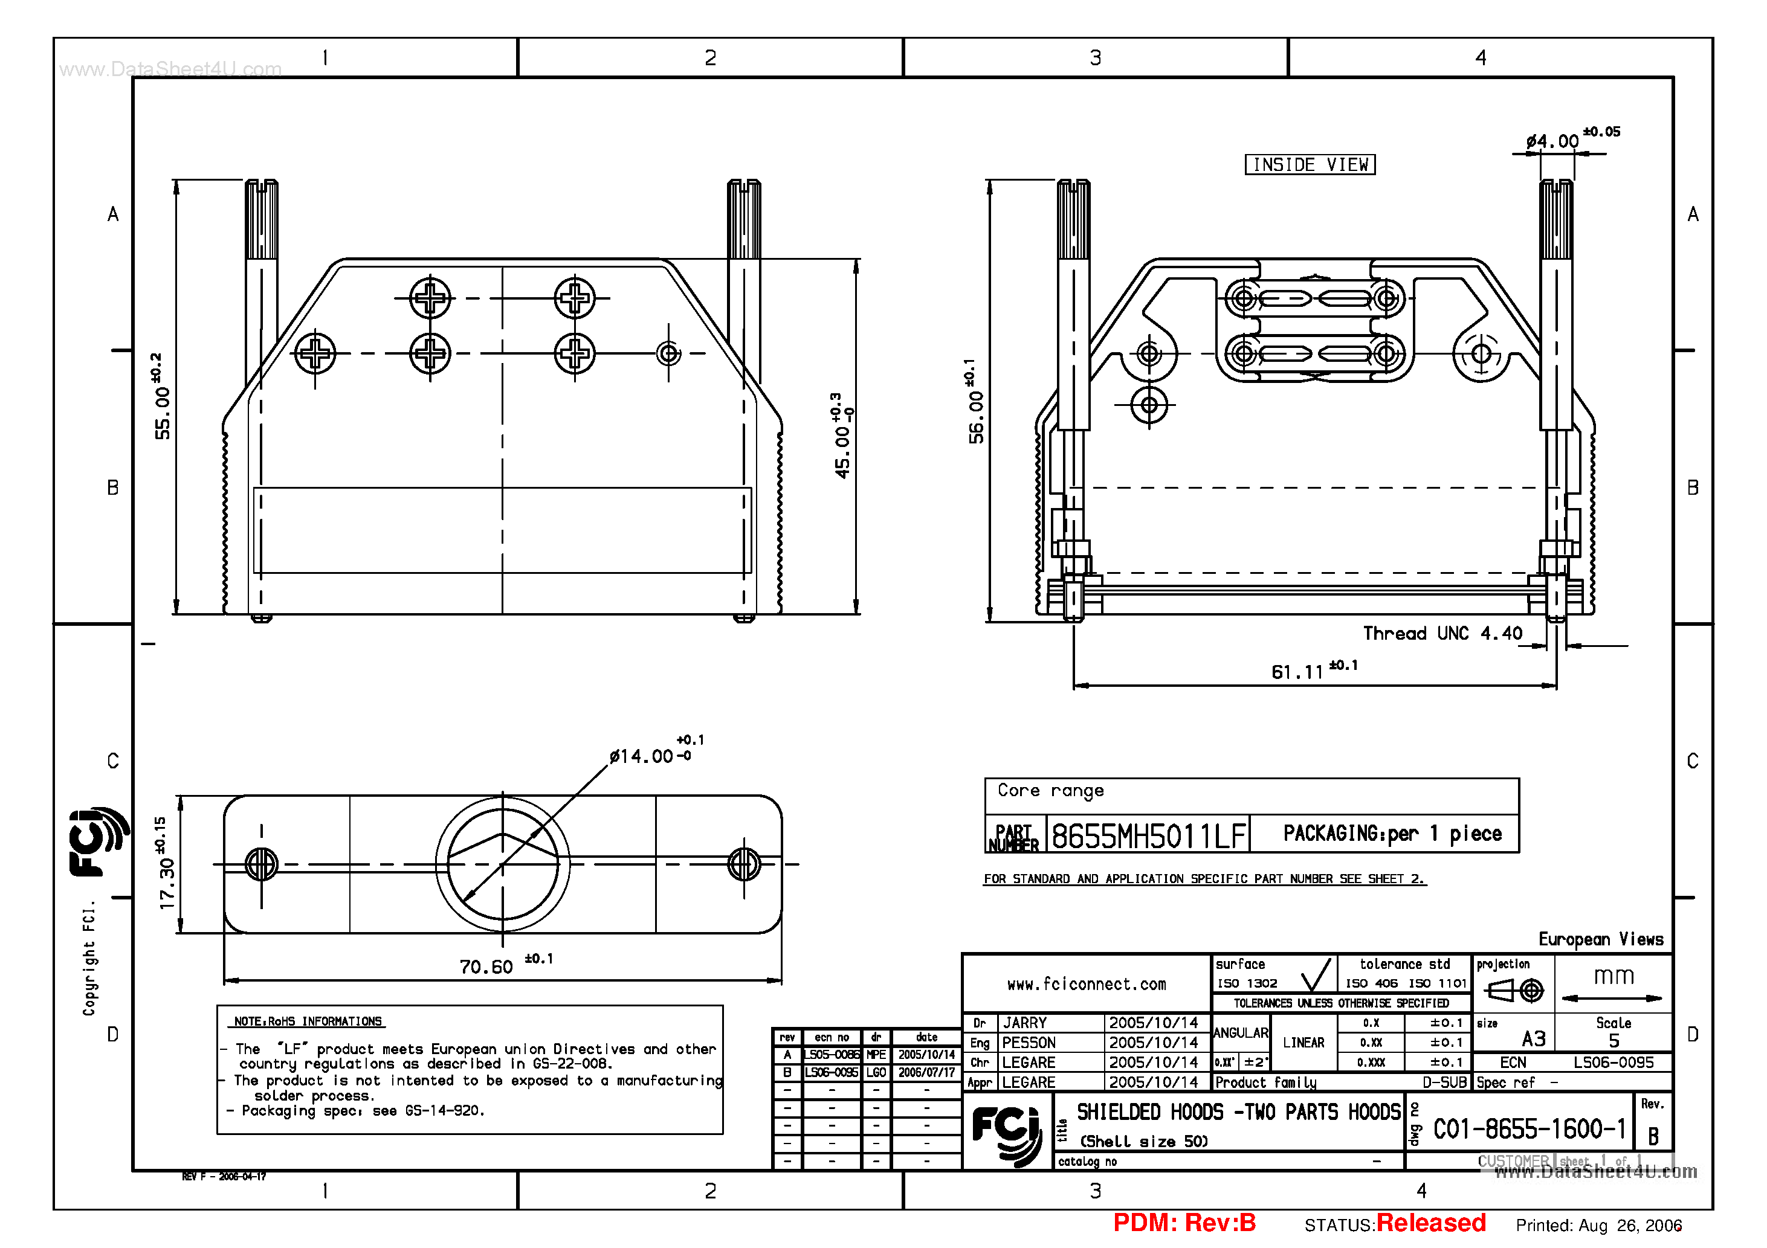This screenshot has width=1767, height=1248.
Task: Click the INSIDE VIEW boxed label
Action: point(1310,165)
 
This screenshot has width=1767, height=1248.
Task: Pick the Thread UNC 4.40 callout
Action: point(1442,633)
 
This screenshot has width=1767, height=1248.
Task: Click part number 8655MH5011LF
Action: point(1148,835)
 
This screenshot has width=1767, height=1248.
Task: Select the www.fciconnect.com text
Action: point(1086,984)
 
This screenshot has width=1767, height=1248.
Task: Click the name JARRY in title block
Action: point(1024,1023)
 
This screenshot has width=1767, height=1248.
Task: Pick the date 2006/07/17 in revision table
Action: point(926,1072)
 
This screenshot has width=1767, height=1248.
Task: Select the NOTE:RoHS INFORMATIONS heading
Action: point(308,1021)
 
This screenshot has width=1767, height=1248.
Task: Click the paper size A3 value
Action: point(1533,1039)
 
